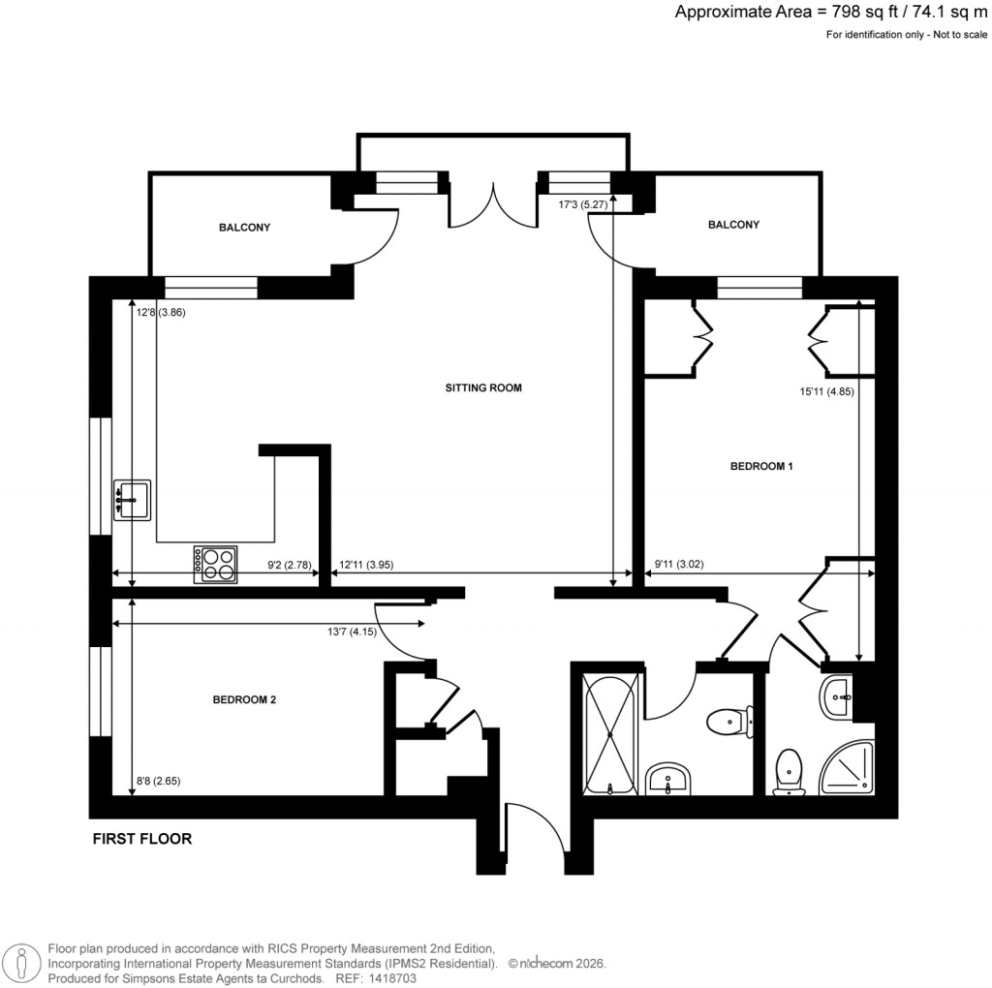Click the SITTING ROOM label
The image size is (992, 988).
(x=483, y=388)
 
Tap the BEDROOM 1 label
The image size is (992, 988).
(x=761, y=467)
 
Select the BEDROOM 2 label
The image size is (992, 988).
(x=245, y=699)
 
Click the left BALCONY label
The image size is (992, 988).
(x=244, y=229)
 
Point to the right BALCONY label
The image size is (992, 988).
(x=733, y=225)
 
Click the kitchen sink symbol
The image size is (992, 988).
(x=132, y=500)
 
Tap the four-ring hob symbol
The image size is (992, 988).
(x=216, y=565)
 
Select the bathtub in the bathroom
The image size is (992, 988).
(x=610, y=734)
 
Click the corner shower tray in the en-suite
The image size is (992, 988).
(x=848, y=769)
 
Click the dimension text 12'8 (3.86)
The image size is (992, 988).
(x=160, y=313)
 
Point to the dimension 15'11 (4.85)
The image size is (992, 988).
(x=821, y=392)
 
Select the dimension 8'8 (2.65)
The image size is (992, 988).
(x=160, y=780)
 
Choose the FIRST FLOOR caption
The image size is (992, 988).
(x=141, y=839)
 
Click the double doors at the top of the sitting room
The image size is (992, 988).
(x=493, y=203)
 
